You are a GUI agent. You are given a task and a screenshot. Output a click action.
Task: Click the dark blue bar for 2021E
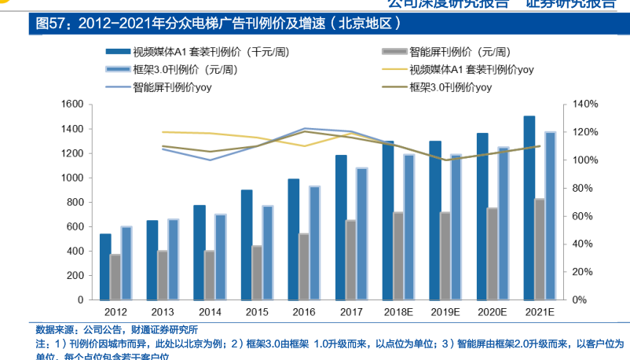[529, 208]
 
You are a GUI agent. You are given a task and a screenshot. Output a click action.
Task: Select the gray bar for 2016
[304, 266]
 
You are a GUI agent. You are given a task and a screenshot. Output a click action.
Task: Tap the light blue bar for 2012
[126, 263]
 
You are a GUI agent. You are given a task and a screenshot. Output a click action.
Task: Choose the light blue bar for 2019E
[456, 227]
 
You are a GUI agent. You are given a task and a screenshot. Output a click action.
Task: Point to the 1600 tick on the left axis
[73, 104]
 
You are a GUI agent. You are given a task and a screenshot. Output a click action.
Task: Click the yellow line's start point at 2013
[163, 132]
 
